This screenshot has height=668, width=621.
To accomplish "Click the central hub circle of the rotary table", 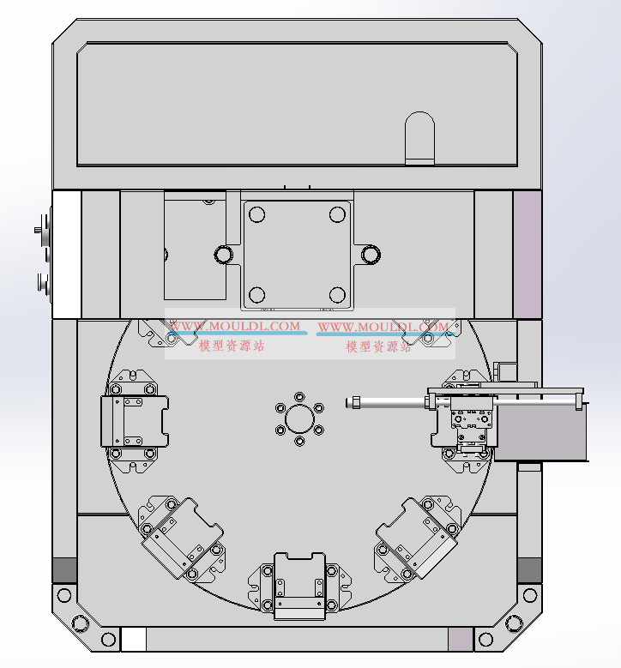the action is (299, 418).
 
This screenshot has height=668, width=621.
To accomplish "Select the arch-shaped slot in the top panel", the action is (419, 138).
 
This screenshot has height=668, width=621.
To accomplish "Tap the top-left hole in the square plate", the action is (256, 214).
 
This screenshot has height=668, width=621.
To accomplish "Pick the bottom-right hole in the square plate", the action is (337, 295).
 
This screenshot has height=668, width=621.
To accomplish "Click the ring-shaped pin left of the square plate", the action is (223, 255).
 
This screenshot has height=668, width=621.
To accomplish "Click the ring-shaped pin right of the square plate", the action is (371, 255).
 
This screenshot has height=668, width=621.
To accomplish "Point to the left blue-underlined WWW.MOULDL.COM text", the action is (235, 327).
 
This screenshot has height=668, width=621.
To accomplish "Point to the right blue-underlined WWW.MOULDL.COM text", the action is (383, 328).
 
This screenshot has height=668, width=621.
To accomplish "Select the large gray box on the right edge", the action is (541, 432).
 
